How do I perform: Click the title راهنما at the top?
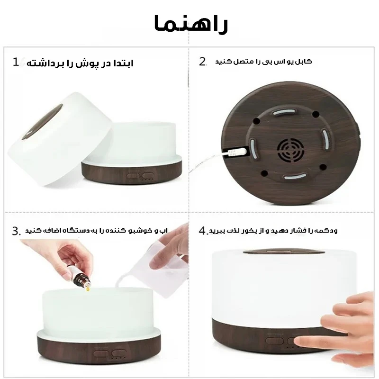(191, 23)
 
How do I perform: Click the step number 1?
(16, 62)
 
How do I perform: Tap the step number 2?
(202, 62)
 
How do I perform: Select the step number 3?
(16, 231)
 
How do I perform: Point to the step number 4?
(202, 231)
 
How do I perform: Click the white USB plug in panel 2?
(237, 152)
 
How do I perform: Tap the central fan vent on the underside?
(291, 150)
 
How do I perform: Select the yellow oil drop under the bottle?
(88, 289)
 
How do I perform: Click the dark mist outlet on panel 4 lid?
(284, 252)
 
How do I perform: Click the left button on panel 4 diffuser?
(275, 341)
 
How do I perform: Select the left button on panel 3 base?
(101, 353)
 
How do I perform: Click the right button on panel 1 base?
(148, 175)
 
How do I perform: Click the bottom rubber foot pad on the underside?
(295, 176)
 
